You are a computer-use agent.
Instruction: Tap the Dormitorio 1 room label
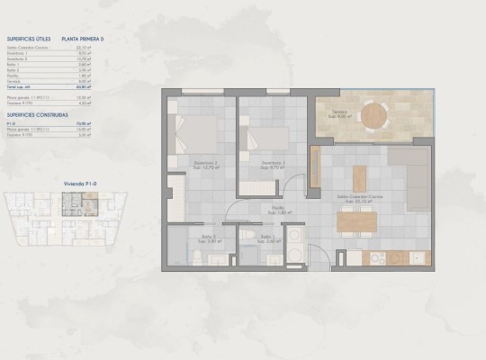[273, 165]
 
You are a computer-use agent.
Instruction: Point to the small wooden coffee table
[360, 173]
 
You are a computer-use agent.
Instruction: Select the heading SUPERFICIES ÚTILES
[26, 40]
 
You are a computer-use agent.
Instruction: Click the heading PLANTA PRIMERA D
[84, 40]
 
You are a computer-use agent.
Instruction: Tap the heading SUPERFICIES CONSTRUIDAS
[33, 115]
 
